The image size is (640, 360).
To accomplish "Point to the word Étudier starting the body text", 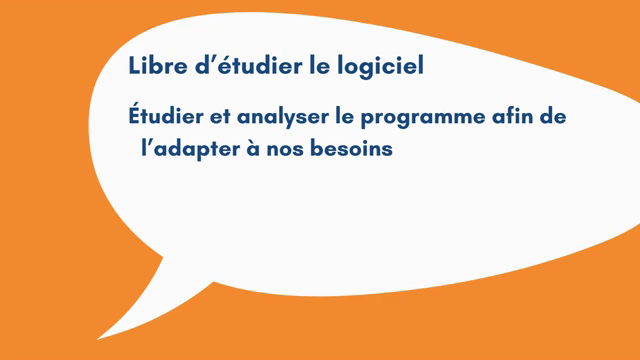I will tap(166, 117).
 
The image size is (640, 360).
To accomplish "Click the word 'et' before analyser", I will tap(219, 118).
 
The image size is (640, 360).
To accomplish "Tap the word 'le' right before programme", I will tap(343, 117).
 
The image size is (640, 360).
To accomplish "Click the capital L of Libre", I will tap(134, 67).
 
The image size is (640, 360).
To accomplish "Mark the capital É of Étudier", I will tap(135, 115).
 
